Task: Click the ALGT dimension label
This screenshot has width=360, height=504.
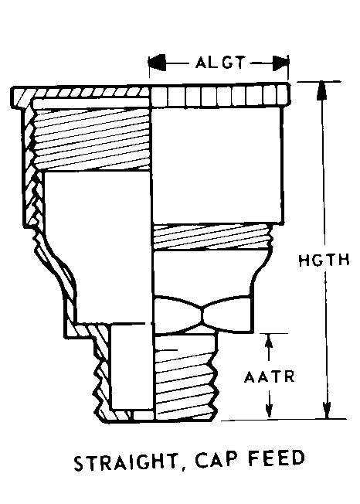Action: coord(220,63)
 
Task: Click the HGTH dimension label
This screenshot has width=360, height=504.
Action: coord(324,261)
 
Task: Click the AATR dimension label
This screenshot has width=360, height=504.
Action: coord(269,376)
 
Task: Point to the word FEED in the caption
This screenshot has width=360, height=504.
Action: coord(277,458)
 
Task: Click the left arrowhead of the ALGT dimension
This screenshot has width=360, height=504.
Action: coord(157,63)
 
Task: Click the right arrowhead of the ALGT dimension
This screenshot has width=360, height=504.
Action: coord(280,63)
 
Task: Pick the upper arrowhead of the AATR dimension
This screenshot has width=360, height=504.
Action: coord(269,342)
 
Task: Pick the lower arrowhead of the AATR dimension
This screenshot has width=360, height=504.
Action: coord(269,410)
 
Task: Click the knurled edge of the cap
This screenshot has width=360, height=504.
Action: coord(221,95)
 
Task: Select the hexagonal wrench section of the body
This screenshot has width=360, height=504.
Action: coord(202,314)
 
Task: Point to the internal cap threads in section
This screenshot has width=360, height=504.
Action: coord(91,138)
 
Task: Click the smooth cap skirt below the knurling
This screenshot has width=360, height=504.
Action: coord(217,165)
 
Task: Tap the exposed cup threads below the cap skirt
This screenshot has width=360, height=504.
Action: coord(212,237)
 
